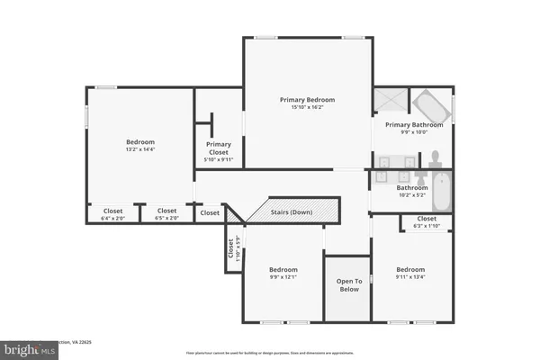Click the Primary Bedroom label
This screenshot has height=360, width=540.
pyautogui.click(x=307, y=100)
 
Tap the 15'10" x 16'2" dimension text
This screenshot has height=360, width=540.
pyautogui.click(x=307, y=108)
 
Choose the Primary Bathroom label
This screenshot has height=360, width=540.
pyautogui.click(x=414, y=125)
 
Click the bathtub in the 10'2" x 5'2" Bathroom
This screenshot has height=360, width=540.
pyautogui.click(x=441, y=190)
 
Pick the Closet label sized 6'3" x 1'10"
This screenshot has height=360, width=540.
pyautogui.click(x=427, y=218)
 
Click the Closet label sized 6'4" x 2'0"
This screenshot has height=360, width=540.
pyautogui.click(x=112, y=211)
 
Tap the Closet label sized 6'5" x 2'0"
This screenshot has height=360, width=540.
pyautogui.click(x=167, y=211)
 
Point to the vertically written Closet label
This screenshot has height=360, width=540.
pyautogui.click(x=231, y=247)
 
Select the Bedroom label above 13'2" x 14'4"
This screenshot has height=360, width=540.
pyautogui.click(x=139, y=141)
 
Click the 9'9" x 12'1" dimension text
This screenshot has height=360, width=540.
pyautogui.click(x=283, y=277)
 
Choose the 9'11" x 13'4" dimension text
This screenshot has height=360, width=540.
pyautogui.click(x=410, y=277)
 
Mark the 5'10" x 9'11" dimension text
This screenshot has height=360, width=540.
pyautogui.click(x=219, y=161)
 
